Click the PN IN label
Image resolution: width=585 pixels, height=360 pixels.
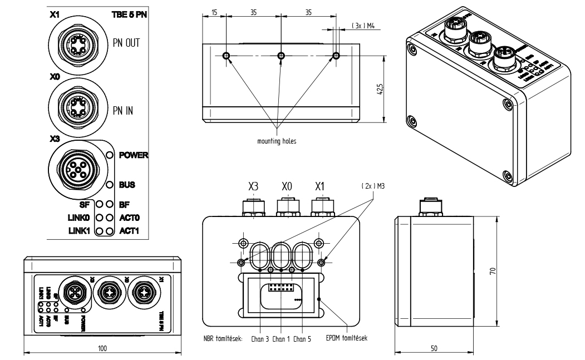[123, 111]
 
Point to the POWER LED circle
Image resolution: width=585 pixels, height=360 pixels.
[110, 155]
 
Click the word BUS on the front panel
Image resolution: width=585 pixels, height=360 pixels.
[128, 184]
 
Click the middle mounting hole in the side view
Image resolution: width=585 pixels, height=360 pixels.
[281, 56]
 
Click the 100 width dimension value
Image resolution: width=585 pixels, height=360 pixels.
[102, 348]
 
